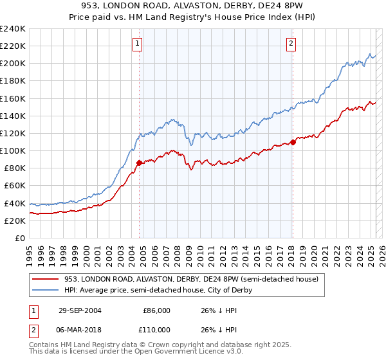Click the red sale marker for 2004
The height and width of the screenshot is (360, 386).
(139, 163)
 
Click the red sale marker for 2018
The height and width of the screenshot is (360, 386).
(292, 142)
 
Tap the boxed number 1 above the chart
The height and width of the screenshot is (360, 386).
(138, 44)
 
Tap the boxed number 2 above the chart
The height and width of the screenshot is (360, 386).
(291, 44)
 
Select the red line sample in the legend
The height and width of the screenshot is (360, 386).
(46, 279)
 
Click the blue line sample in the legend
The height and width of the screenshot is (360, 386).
(46, 290)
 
